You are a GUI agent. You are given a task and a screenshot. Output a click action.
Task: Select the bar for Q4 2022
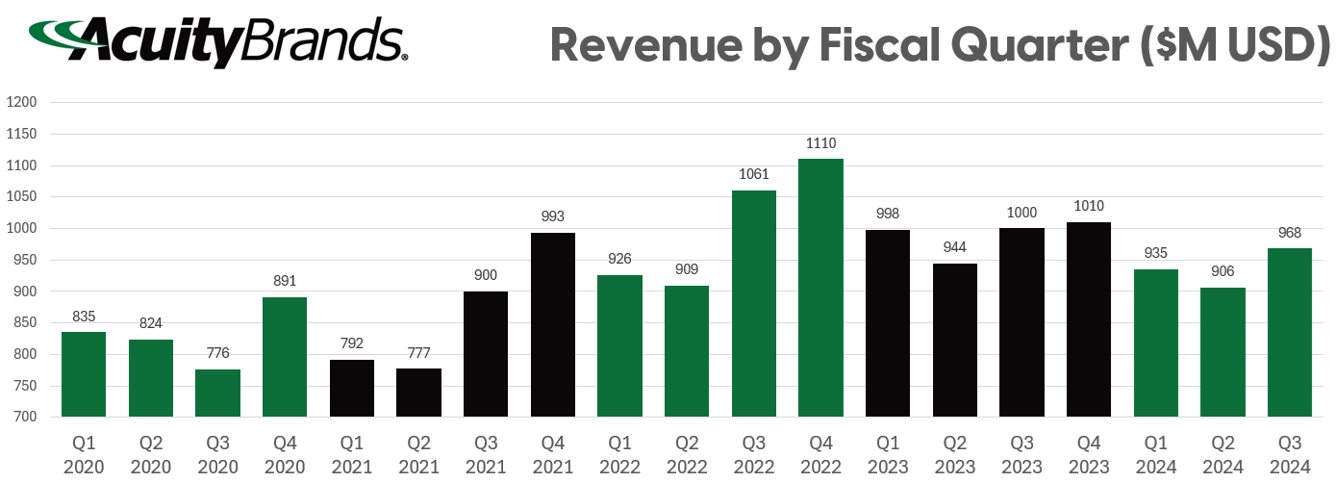tap(820, 288)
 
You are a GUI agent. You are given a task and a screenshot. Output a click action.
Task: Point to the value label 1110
tap(820, 143)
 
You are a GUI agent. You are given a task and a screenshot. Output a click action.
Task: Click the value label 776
tap(217, 354)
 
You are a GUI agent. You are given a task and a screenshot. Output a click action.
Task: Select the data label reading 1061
tap(753, 174)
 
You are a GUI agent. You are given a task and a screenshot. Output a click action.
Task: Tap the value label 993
tap(552, 216)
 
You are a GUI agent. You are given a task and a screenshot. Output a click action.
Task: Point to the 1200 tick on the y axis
tap(21, 102)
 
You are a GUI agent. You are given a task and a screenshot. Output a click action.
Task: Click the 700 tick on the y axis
tap(24, 417)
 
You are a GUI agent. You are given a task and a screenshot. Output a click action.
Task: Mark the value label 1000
tap(1021, 213)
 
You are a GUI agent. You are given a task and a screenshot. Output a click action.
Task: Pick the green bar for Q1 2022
tap(619, 345)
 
